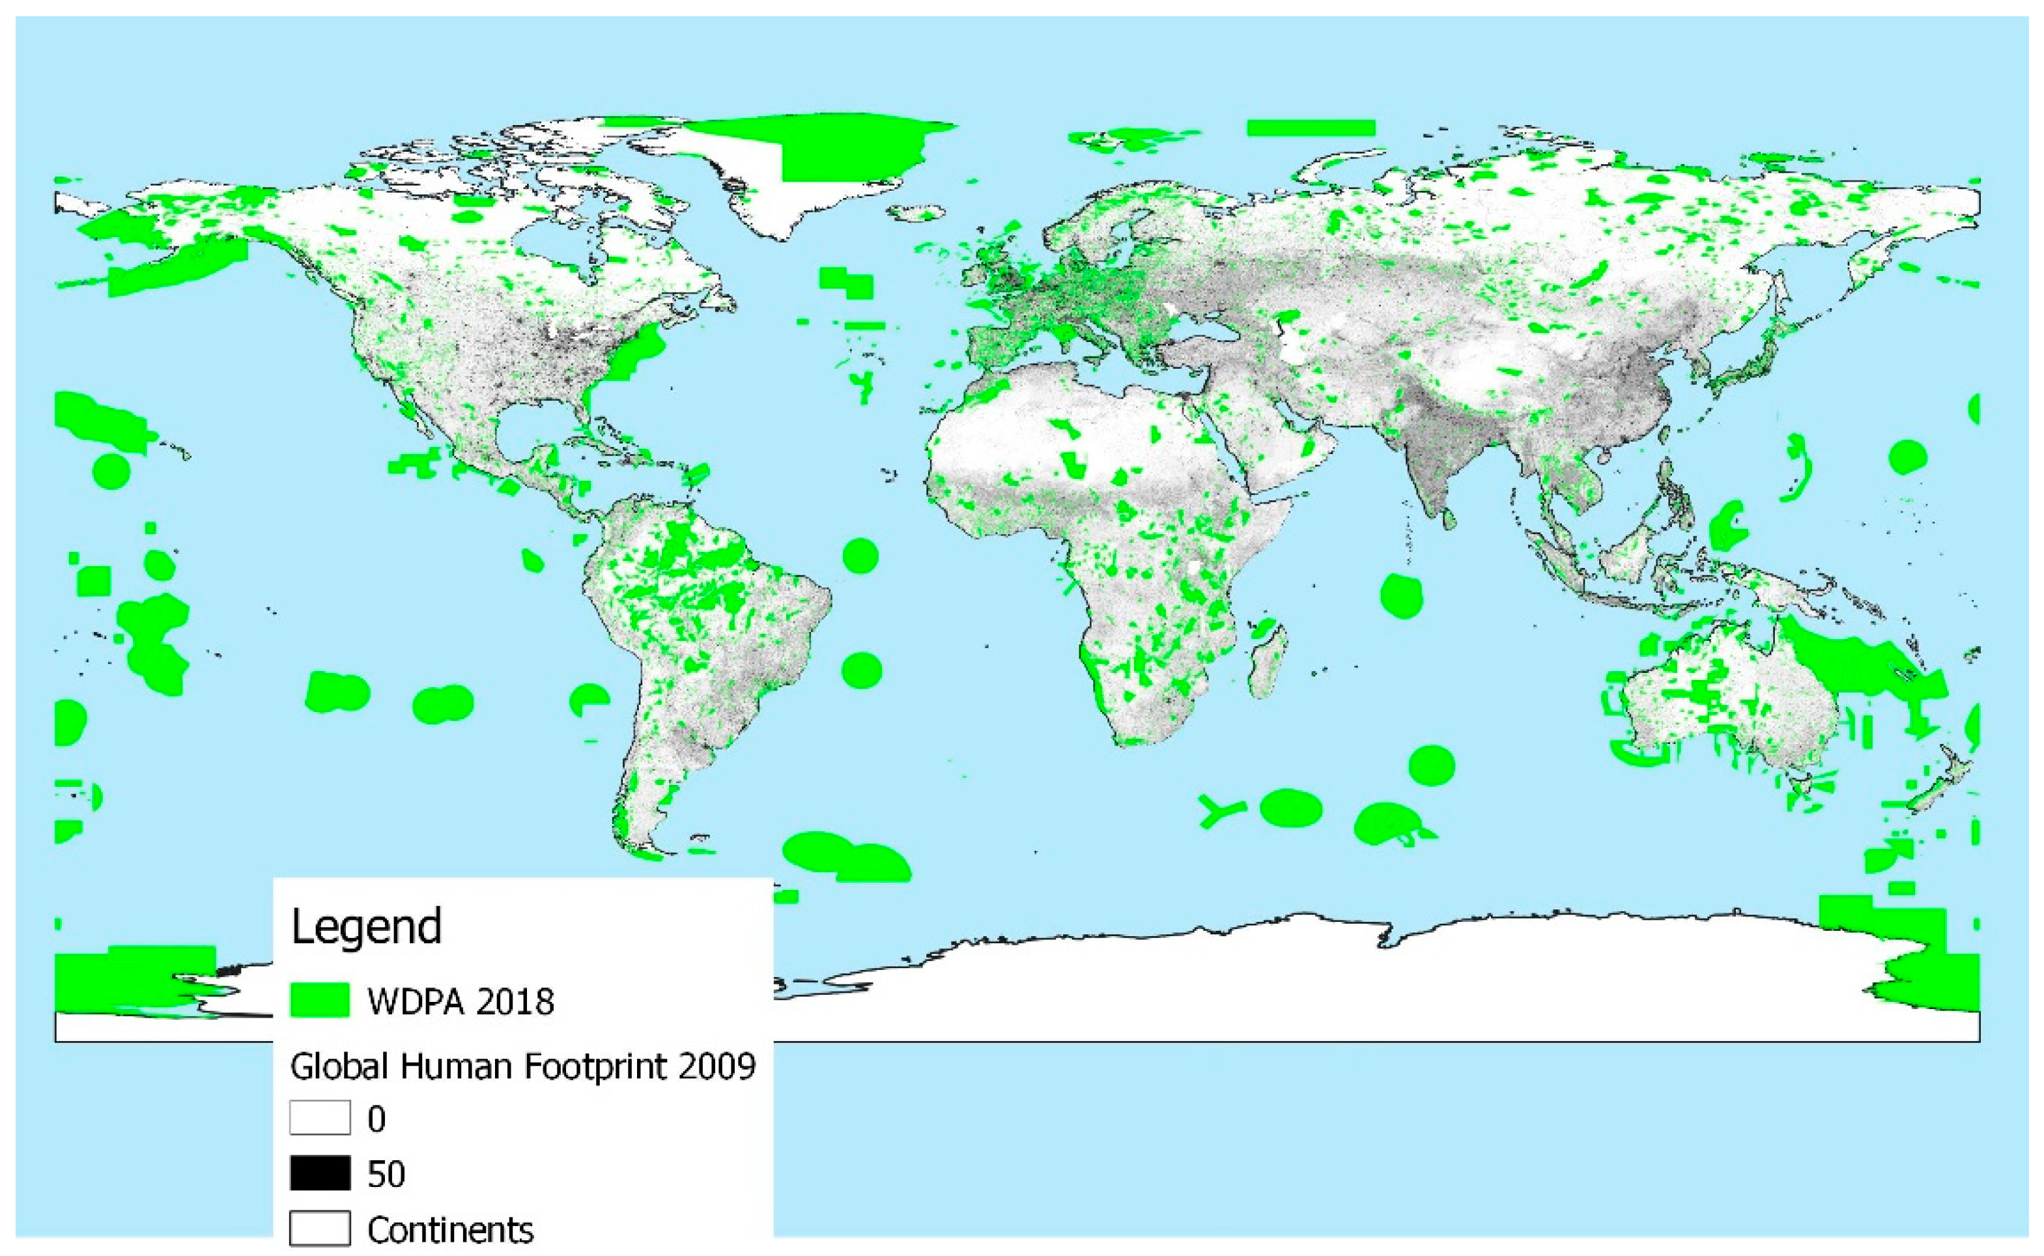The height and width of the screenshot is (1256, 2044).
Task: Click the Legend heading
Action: tap(366, 927)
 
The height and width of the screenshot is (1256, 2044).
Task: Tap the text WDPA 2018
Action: tap(461, 1002)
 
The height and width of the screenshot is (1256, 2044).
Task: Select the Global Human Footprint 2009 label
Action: tap(522, 1066)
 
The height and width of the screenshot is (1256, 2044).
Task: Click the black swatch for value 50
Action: tap(320, 1174)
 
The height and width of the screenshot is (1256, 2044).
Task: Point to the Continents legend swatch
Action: tap(320, 1229)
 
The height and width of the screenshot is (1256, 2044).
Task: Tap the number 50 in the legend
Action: tap(386, 1175)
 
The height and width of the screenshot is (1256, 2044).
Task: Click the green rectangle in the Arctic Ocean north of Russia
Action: tap(1311, 127)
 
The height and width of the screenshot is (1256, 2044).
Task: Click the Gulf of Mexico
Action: tap(532, 432)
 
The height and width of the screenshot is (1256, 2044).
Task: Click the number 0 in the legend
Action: tap(377, 1119)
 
